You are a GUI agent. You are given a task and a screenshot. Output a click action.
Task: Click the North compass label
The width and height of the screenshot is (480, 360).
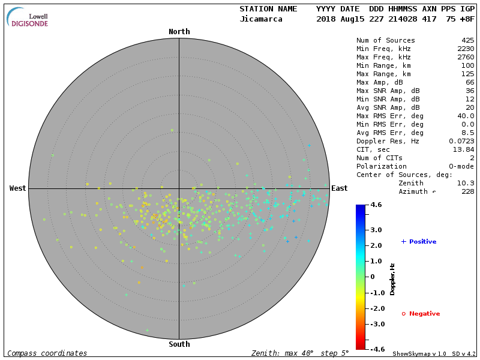pos(179,32)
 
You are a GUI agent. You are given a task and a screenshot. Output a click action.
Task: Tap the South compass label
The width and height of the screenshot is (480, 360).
pos(179,344)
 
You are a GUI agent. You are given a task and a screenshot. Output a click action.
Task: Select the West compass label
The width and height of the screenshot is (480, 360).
pos(17,188)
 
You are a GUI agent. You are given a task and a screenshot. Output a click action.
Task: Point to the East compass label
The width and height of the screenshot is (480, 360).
pos(340,188)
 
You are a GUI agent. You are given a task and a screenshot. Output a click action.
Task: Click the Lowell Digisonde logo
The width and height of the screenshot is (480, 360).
pos(28,17)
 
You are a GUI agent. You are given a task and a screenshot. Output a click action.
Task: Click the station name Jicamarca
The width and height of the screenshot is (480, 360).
pos(260,19)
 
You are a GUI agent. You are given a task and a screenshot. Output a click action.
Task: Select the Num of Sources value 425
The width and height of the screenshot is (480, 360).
pos(468,40)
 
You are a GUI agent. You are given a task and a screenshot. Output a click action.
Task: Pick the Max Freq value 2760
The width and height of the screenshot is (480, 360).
pos(466,57)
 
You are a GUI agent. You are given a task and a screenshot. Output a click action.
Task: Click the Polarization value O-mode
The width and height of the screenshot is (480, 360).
pos(460,166)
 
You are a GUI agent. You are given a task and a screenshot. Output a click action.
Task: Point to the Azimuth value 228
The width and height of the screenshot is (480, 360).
pos(468,191)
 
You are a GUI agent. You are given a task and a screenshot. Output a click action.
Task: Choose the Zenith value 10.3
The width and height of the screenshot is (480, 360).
pos(466,183)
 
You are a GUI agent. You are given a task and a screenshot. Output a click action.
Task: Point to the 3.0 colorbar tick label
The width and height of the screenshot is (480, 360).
pos(376,230)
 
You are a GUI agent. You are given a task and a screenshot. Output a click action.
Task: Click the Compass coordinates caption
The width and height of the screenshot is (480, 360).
pos(47,353)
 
